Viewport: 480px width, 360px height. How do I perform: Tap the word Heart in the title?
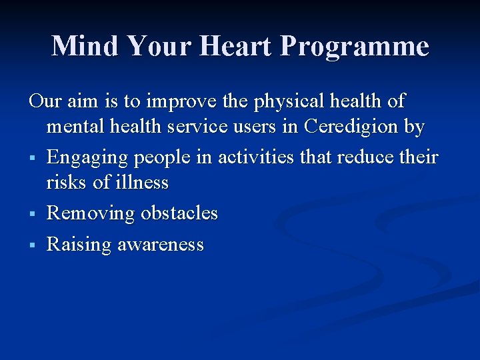point(241,46)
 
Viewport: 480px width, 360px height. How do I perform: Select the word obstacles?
point(179,213)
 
